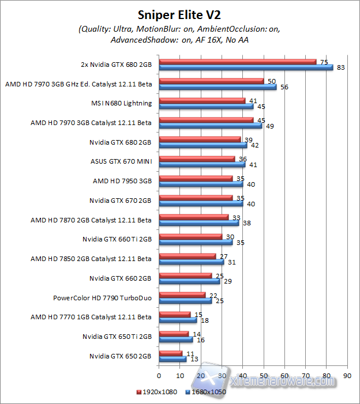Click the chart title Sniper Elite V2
coord(179,14)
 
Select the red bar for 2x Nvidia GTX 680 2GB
coord(237,62)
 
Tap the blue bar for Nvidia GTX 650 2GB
coord(172,359)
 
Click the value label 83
coord(340,68)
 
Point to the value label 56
coord(284,88)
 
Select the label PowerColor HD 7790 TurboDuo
coord(102,299)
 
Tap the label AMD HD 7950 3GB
coord(122,181)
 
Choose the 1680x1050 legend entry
coord(205,392)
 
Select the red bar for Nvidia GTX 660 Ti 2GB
coord(190,236)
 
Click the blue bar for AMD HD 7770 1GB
coord(178,320)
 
